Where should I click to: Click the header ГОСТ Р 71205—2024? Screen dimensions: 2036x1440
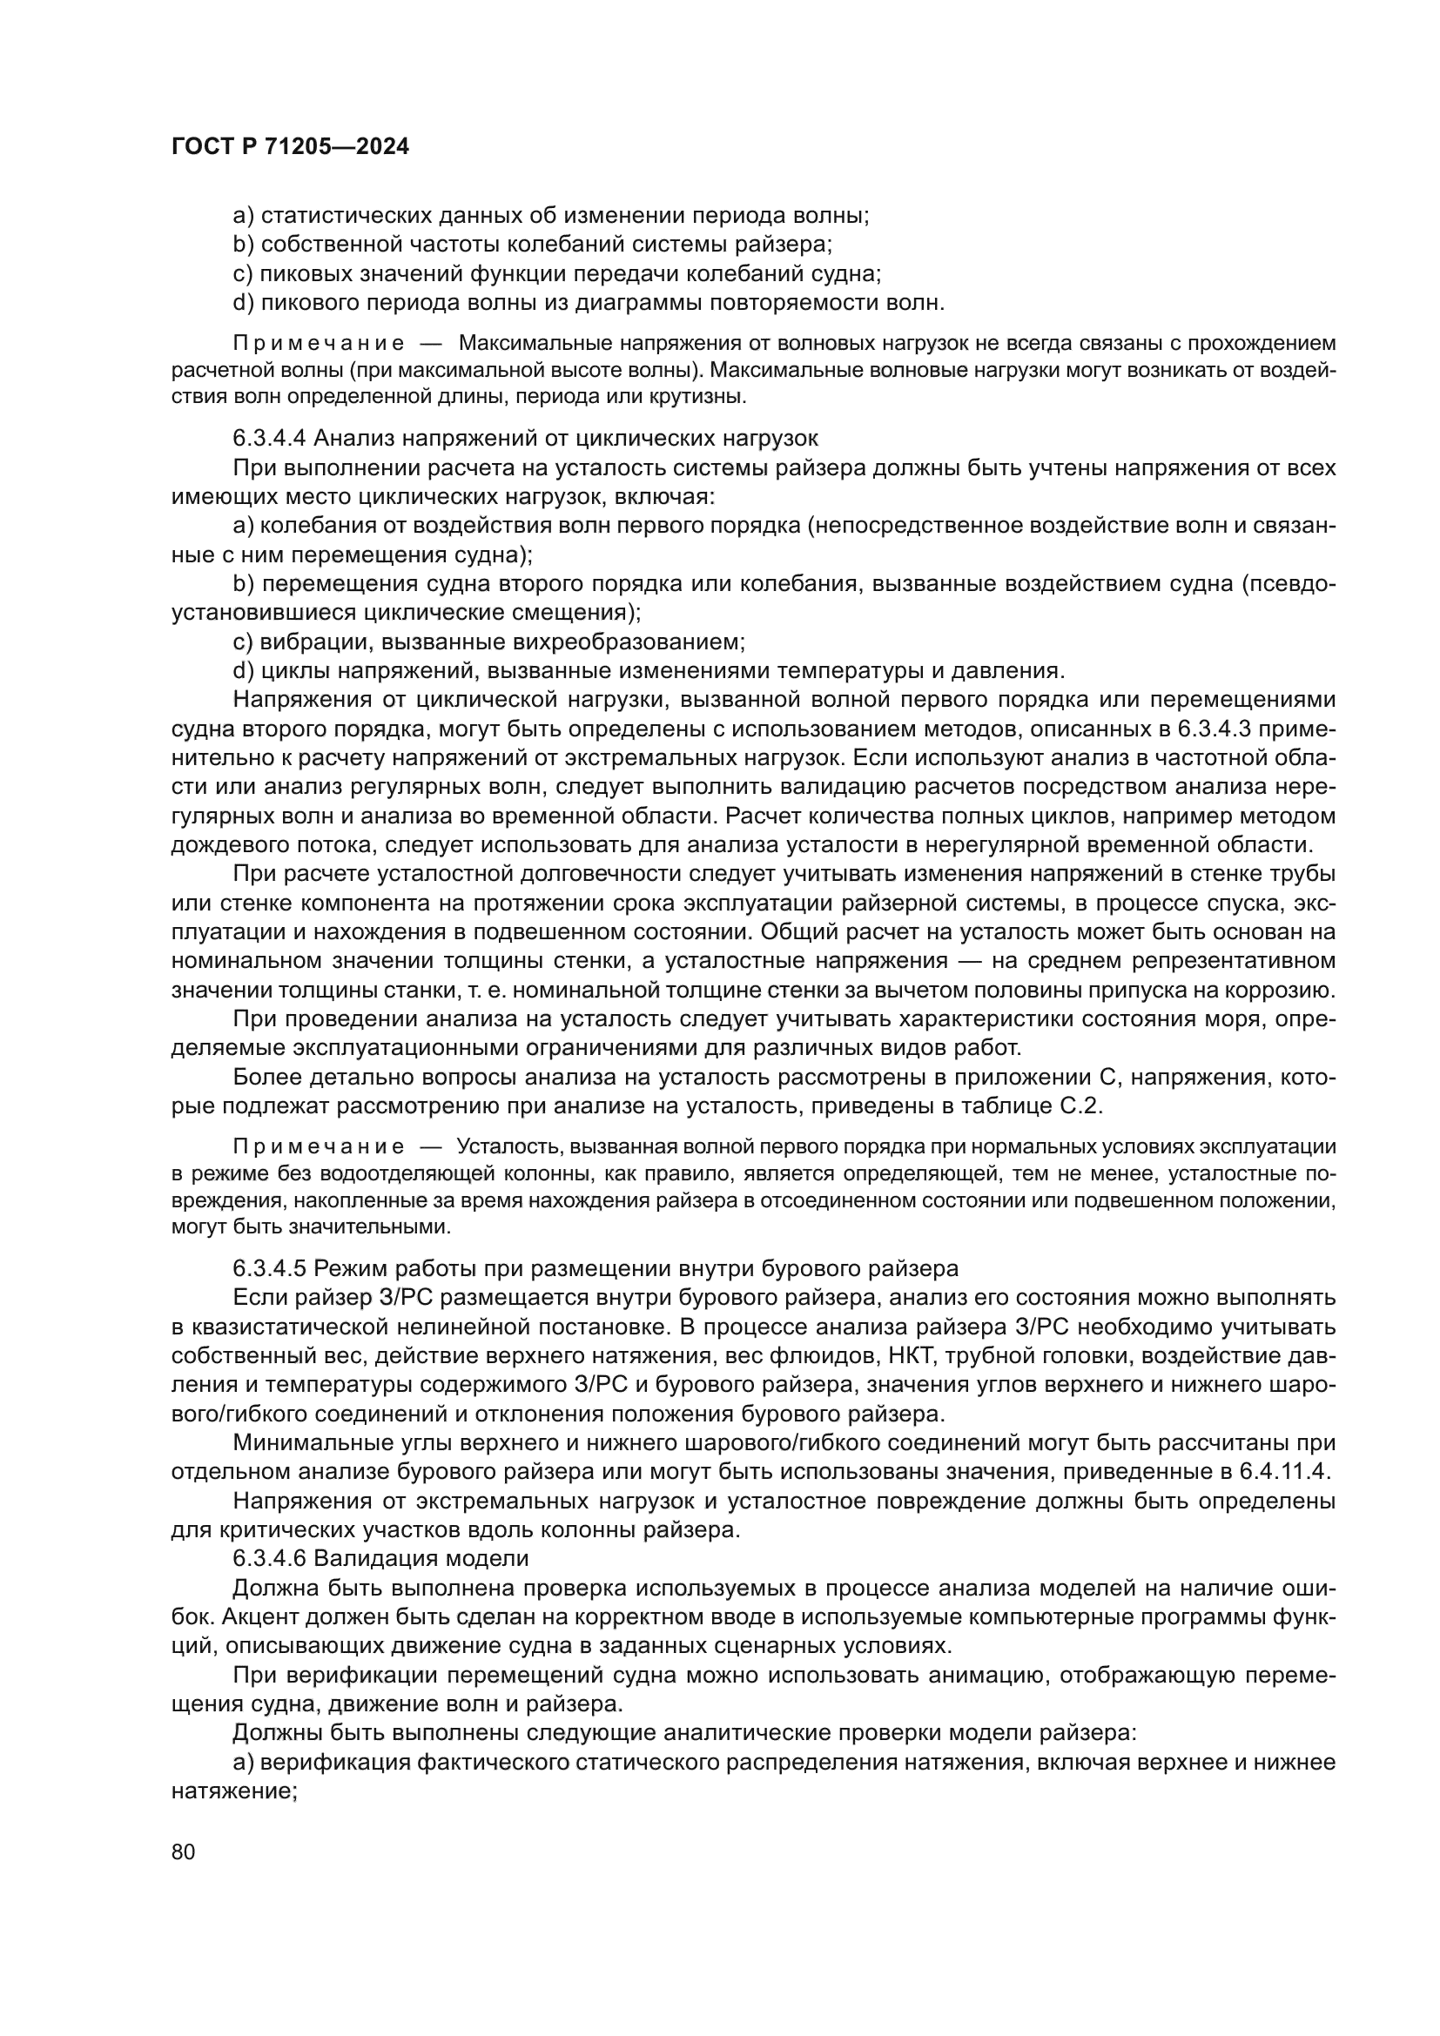(x=290, y=147)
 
